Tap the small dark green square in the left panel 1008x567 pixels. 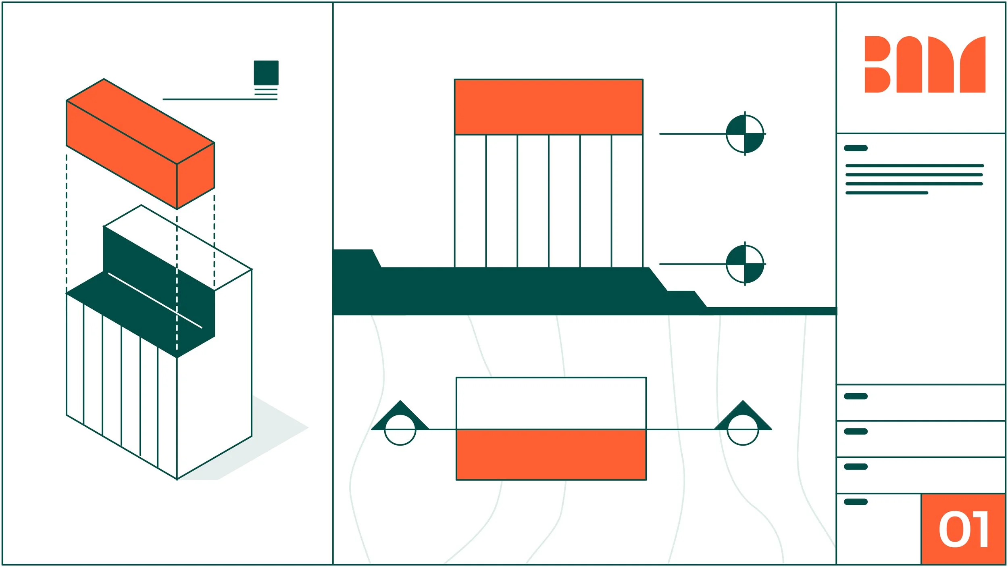pos(266,73)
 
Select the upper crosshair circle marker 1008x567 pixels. pos(745,134)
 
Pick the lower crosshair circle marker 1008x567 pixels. pos(745,264)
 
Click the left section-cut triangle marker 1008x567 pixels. pos(400,420)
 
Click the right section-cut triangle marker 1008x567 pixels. pos(743,420)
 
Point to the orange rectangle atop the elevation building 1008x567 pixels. pos(548,107)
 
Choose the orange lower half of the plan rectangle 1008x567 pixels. pos(551,455)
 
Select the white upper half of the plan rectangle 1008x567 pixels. pos(551,403)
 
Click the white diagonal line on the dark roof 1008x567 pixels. pos(155,300)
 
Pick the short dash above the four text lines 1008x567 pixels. pos(856,148)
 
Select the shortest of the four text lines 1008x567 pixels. pos(887,193)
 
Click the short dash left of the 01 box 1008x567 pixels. pos(856,502)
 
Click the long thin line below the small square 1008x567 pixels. pos(220,99)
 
